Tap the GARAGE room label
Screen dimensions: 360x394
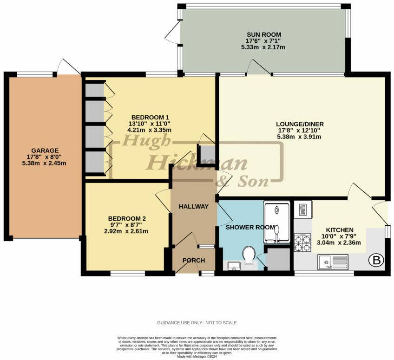[x=45, y=151]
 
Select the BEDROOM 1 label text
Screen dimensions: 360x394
[x=150, y=117]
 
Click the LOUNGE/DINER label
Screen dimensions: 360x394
[x=300, y=124]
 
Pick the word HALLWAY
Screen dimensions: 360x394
[x=194, y=207]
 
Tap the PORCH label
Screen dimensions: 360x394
[x=194, y=260]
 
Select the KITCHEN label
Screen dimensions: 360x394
[x=340, y=230]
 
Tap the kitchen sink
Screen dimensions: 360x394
[x=333, y=262]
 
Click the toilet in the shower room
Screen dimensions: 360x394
[x=249, y=254]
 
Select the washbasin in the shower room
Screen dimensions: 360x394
[x=234, y=266]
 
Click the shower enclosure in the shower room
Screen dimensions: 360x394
[x=277, y=222]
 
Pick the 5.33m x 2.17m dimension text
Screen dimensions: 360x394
[x=263, y=47]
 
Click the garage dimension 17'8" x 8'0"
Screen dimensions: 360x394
[x=45, y=157]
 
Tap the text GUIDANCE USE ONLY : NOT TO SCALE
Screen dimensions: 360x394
[x=197, y=322]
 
